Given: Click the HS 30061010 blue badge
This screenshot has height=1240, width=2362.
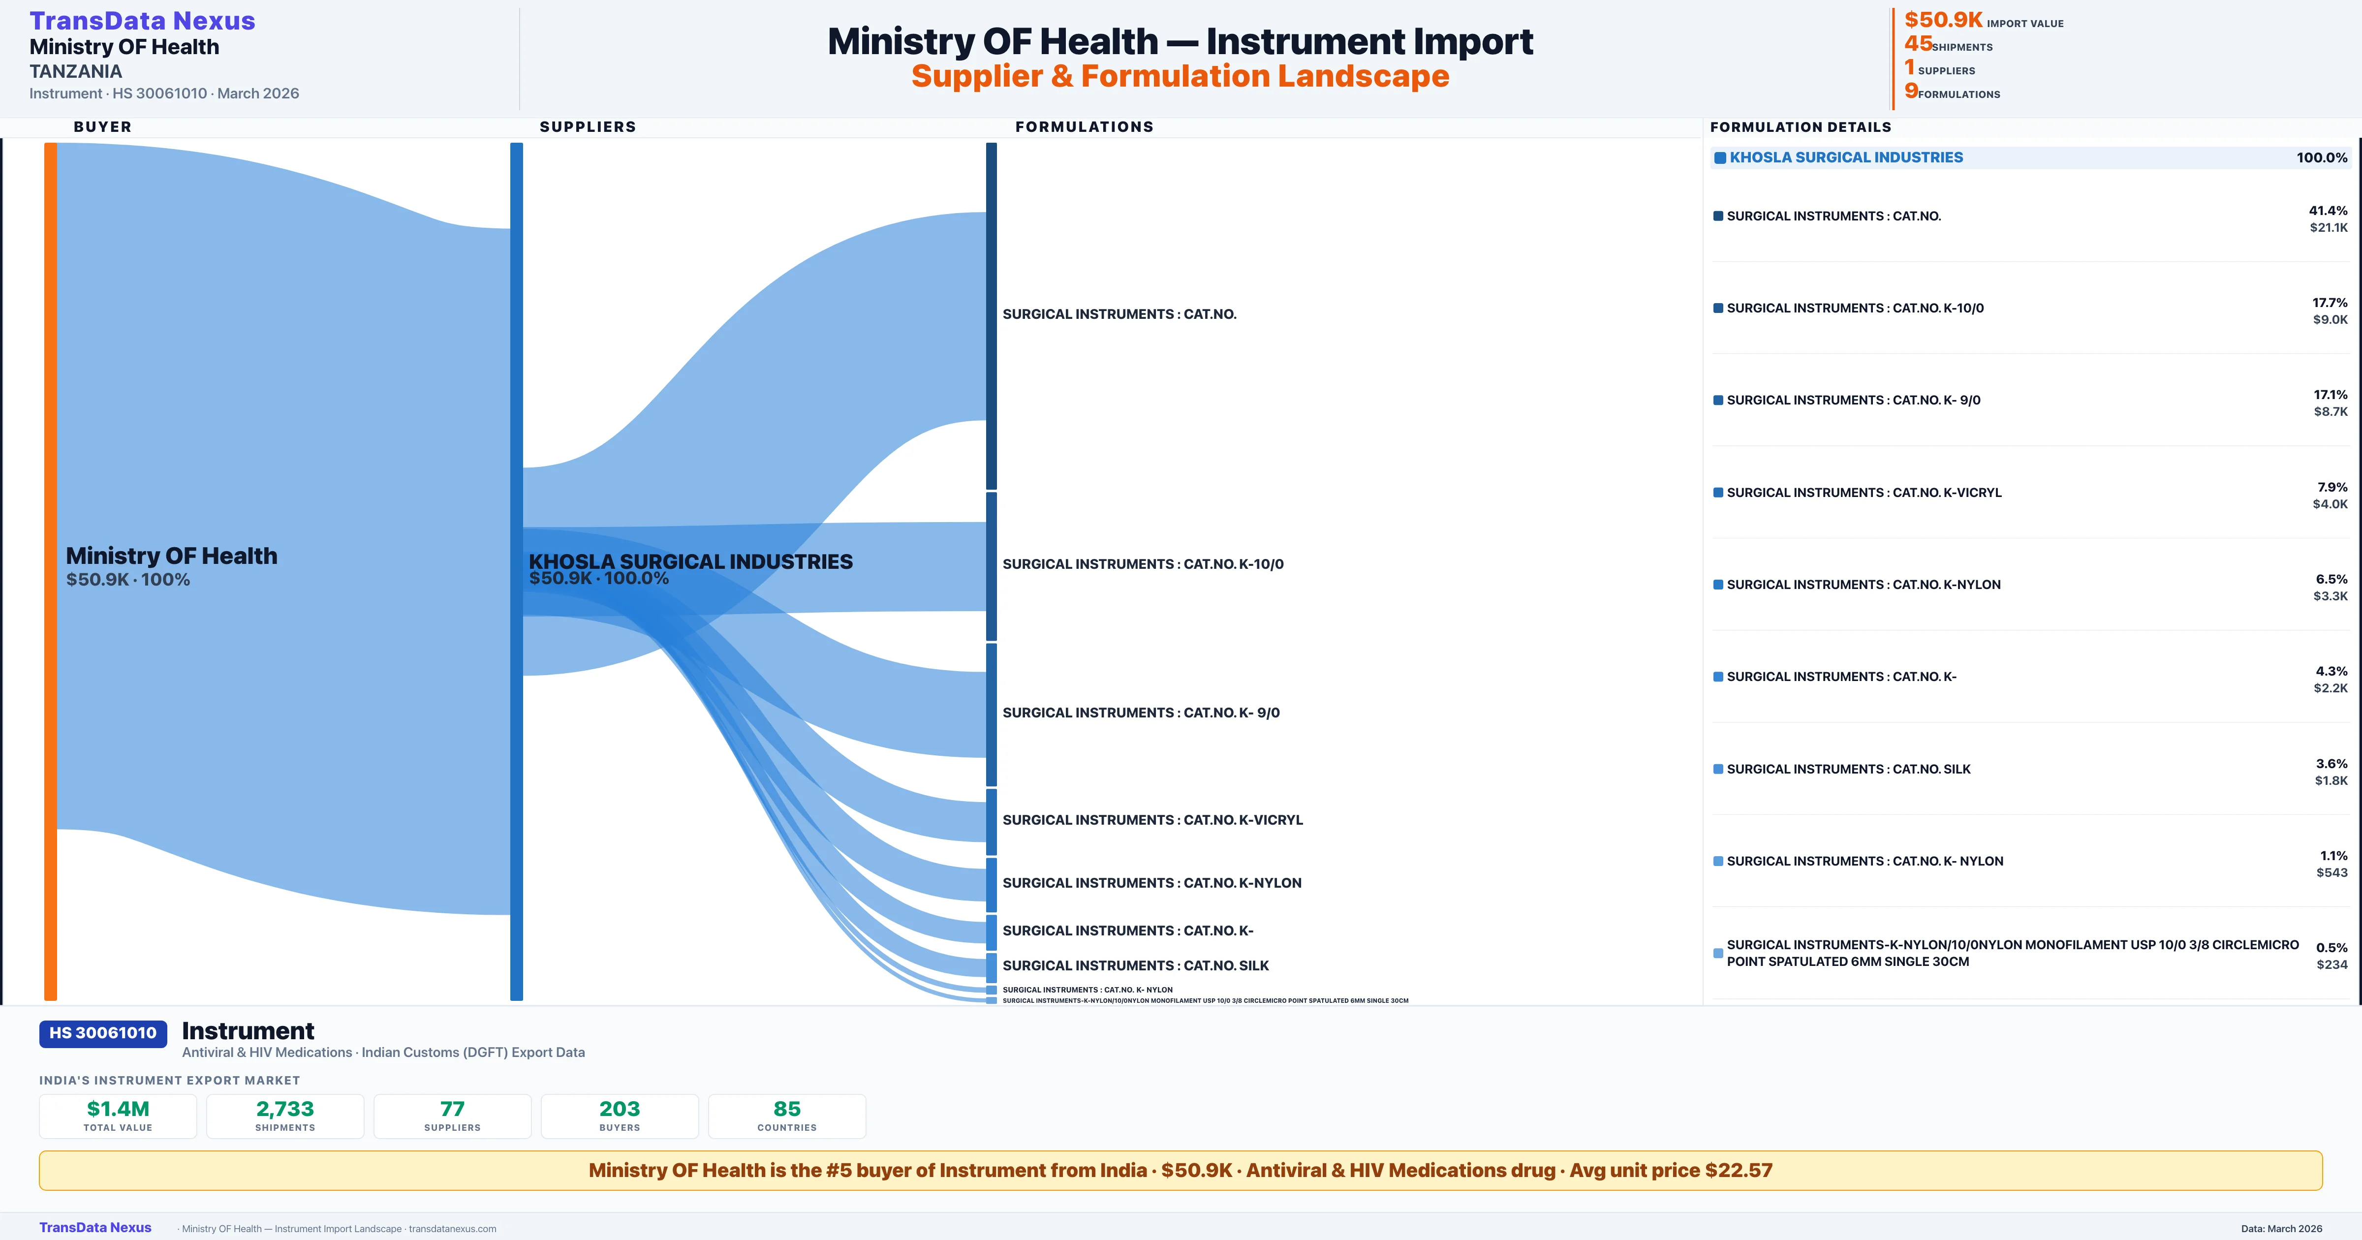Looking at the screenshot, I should tap(103, 1033).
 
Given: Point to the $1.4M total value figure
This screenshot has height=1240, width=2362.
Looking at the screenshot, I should tap(118, 1109).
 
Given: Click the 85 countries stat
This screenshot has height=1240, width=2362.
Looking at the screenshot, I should tap(787, 1109).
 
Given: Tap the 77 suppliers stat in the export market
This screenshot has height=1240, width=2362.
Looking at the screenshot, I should tap(452, 1109).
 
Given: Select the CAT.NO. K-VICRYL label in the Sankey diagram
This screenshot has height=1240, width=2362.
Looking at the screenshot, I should tap(1151, 820).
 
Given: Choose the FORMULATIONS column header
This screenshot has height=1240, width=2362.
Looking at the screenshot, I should tap(1084, 126).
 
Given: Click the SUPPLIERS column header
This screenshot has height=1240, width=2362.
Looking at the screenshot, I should tap(587, 126).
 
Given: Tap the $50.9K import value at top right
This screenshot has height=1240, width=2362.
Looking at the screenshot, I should tap(1943, 20).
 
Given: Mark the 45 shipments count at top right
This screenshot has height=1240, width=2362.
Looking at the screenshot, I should tap(1918, 44).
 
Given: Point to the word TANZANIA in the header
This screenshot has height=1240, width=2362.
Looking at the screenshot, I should tap(75, 71).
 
